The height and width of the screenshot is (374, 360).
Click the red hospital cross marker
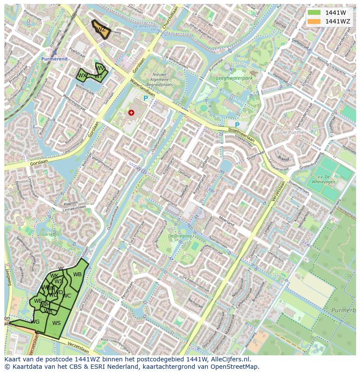pos(131,113)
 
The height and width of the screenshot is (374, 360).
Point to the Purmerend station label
pos(54,59)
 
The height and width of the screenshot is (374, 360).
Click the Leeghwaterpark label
pos(234,79)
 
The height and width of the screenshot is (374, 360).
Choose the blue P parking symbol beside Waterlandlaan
pos(146,99)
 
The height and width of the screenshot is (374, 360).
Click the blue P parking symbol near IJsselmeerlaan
pos(237,125)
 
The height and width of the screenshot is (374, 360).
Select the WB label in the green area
pos(77,275)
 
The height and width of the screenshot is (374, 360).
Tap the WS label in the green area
pos(56,323)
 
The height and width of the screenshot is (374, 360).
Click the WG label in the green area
pos(35,322)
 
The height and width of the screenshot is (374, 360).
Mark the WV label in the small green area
pos(100,68)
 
